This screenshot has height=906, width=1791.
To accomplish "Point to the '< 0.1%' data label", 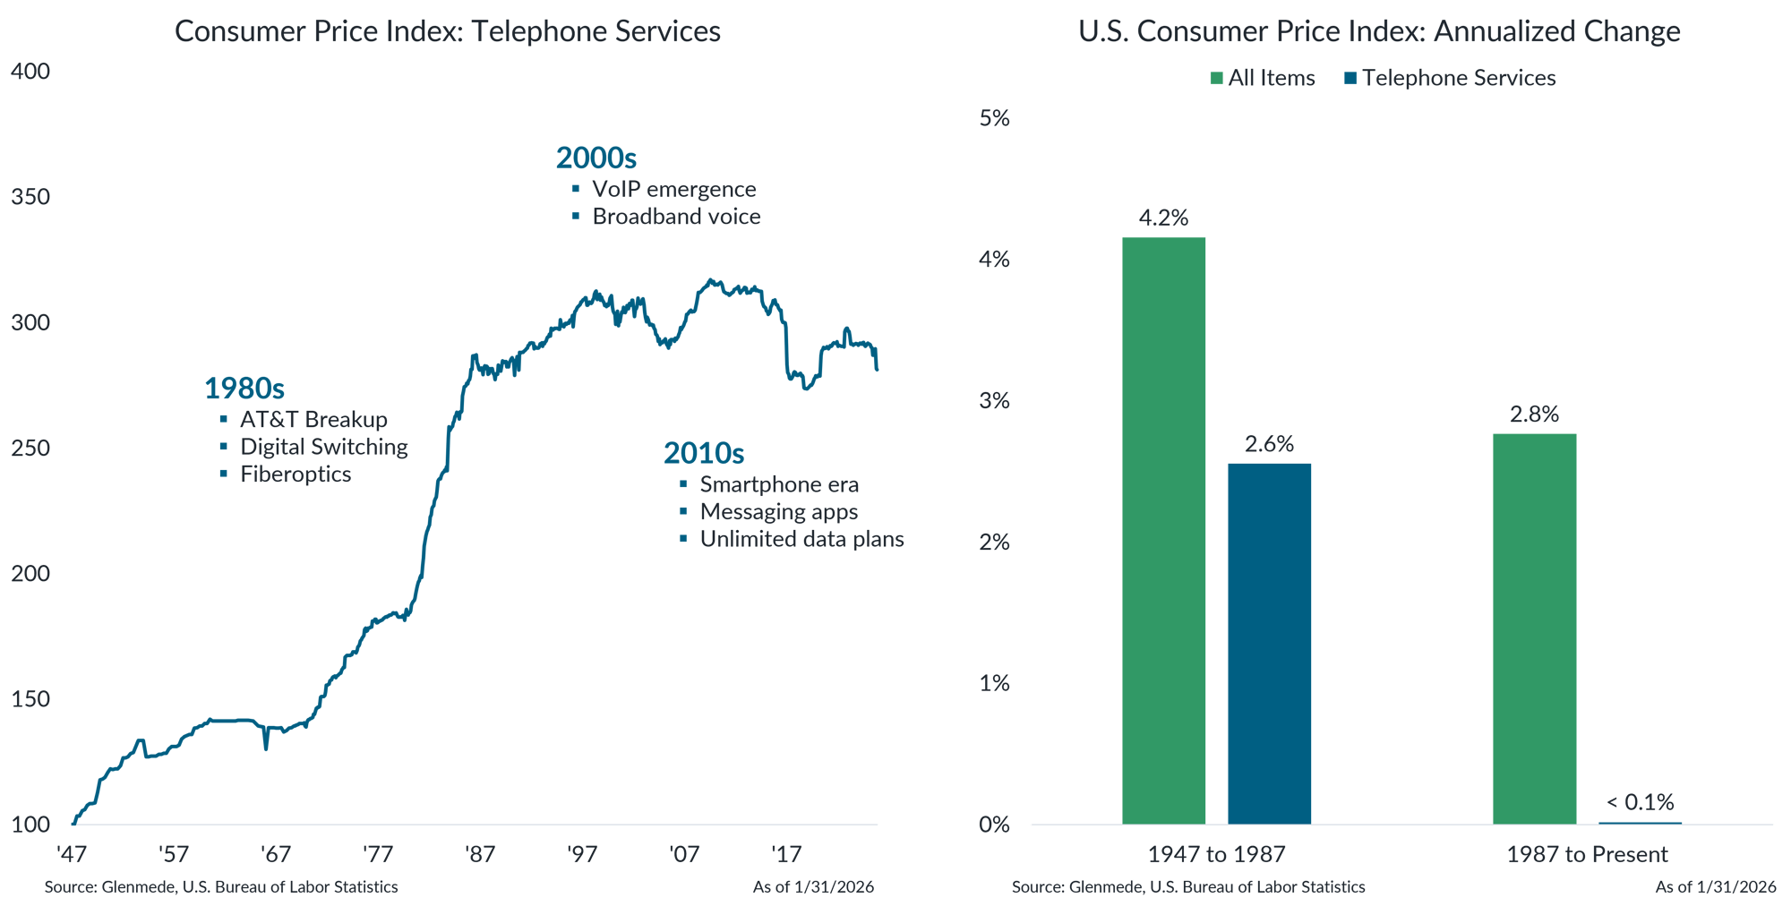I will click(1640, 802).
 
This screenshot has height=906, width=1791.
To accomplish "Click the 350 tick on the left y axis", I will click(30, 197).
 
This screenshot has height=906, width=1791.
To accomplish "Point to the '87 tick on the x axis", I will click(480, 854).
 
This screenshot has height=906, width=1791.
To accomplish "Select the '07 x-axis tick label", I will click(684, 854).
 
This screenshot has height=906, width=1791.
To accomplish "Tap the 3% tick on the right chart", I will click(994, 400).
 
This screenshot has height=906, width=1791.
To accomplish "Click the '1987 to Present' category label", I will click(1587, 854).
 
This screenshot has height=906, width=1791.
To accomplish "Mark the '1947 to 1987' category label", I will click(1216, 854).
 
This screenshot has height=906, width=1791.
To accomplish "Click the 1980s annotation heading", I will click(244, 389).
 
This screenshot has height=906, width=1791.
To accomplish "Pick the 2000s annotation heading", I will click(596, 158).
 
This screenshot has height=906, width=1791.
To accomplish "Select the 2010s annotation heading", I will click(704, 453).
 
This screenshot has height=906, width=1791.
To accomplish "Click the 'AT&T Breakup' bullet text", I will click(313, 420).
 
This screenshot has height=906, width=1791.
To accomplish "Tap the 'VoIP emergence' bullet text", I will click(673, 189).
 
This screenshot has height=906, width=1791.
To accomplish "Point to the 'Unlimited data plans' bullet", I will click(801, 539).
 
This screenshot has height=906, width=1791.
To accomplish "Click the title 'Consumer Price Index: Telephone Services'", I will click(448, 31).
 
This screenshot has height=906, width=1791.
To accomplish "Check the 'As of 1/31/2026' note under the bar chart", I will click(1715, 886).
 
